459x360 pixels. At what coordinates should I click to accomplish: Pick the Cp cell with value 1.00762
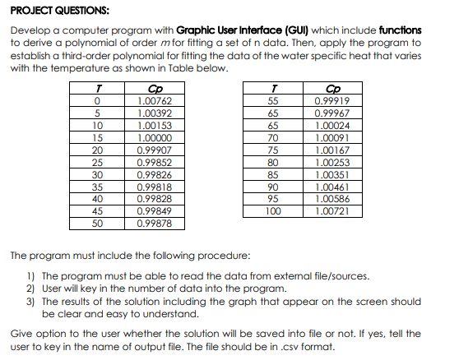point(154,100)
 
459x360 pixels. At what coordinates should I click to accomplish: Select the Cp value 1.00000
point(154,138)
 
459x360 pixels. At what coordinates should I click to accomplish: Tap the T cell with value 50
point(98,222)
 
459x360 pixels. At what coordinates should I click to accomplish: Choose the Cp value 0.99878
point(154,222)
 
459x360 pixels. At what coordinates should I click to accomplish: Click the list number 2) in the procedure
point(32,288)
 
